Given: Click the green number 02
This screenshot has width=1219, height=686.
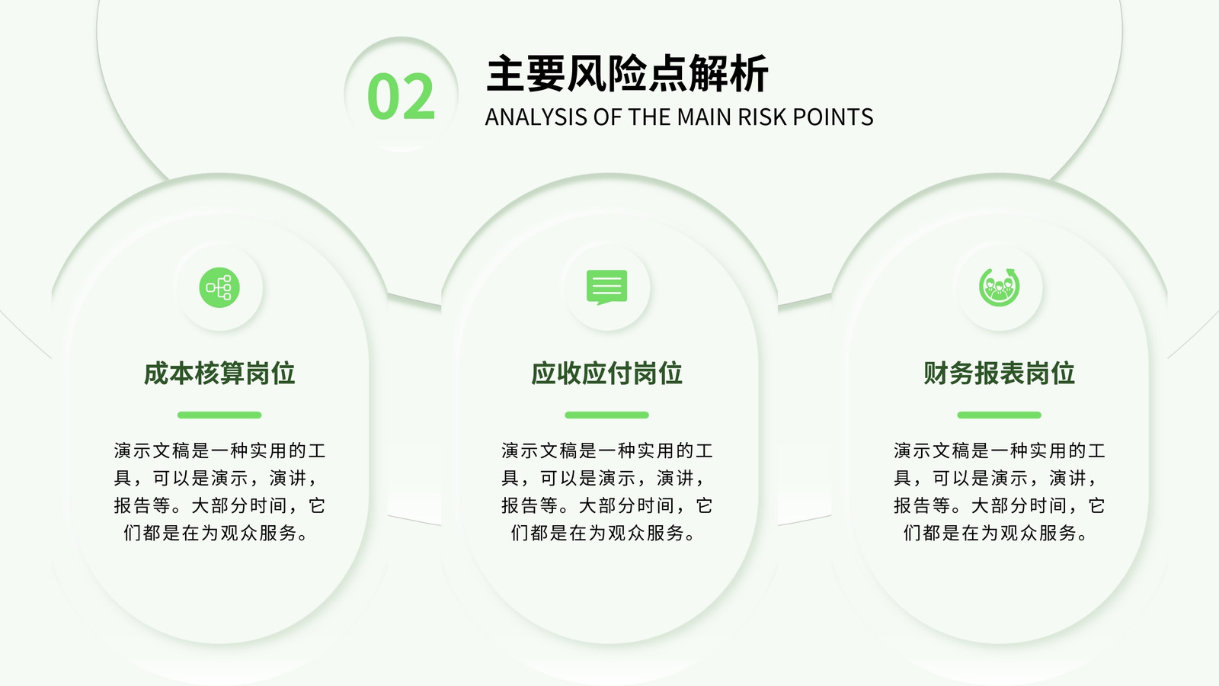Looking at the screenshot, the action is click(401, 96).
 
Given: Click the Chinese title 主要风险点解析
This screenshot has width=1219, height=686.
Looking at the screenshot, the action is click(627, 73).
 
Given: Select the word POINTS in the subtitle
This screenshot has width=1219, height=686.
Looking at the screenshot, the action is click(833, 117).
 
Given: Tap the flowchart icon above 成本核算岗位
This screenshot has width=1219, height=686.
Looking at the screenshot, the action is click(219, 287).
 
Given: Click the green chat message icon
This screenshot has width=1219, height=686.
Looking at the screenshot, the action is click(606, 287).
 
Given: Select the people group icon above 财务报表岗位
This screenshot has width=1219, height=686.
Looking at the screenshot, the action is click(999, 287).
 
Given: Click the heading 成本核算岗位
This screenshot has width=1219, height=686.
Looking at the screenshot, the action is click(219, 373).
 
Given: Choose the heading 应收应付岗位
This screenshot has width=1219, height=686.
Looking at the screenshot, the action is click(606, 373).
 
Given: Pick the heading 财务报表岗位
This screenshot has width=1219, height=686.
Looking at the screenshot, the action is click(999, 373).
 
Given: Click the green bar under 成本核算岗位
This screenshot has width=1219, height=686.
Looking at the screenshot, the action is click(219, 415).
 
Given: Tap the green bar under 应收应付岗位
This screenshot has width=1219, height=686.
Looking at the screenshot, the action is click(606, 415).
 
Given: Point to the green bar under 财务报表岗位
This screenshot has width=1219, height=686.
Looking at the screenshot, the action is click(999, 415).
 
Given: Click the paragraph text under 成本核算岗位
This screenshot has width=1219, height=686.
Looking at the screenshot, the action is click(219, 492).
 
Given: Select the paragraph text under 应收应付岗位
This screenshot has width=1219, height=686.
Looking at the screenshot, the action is click(606, 492).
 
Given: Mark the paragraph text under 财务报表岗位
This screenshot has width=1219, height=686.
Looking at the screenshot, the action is click(999, 492).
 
